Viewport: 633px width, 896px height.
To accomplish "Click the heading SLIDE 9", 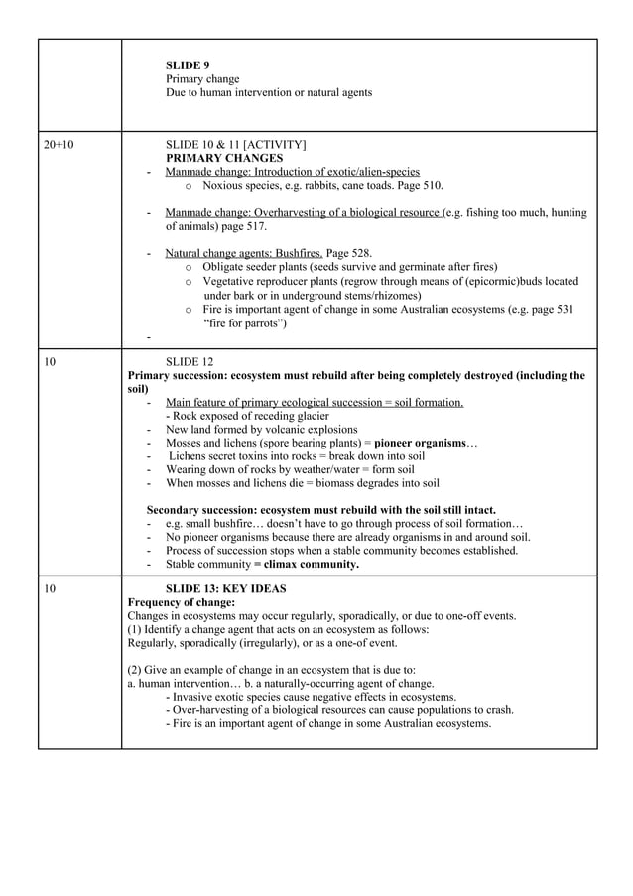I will click(x=187, y=64).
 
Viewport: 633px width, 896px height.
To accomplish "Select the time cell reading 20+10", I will click(x=59, y=144).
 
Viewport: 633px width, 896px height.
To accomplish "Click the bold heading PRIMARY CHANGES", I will click(x=224, y=158).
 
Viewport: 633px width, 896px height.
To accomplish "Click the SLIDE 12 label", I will click(x=189, y=362).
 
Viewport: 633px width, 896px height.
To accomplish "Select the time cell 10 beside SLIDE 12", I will click(x=50, y=362).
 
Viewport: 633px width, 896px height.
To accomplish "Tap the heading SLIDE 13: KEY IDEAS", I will click(x=225, y=588).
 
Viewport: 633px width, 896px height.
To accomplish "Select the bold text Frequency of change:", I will click(x=182, y=602).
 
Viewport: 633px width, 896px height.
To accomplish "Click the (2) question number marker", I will click(x=137, y=669).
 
